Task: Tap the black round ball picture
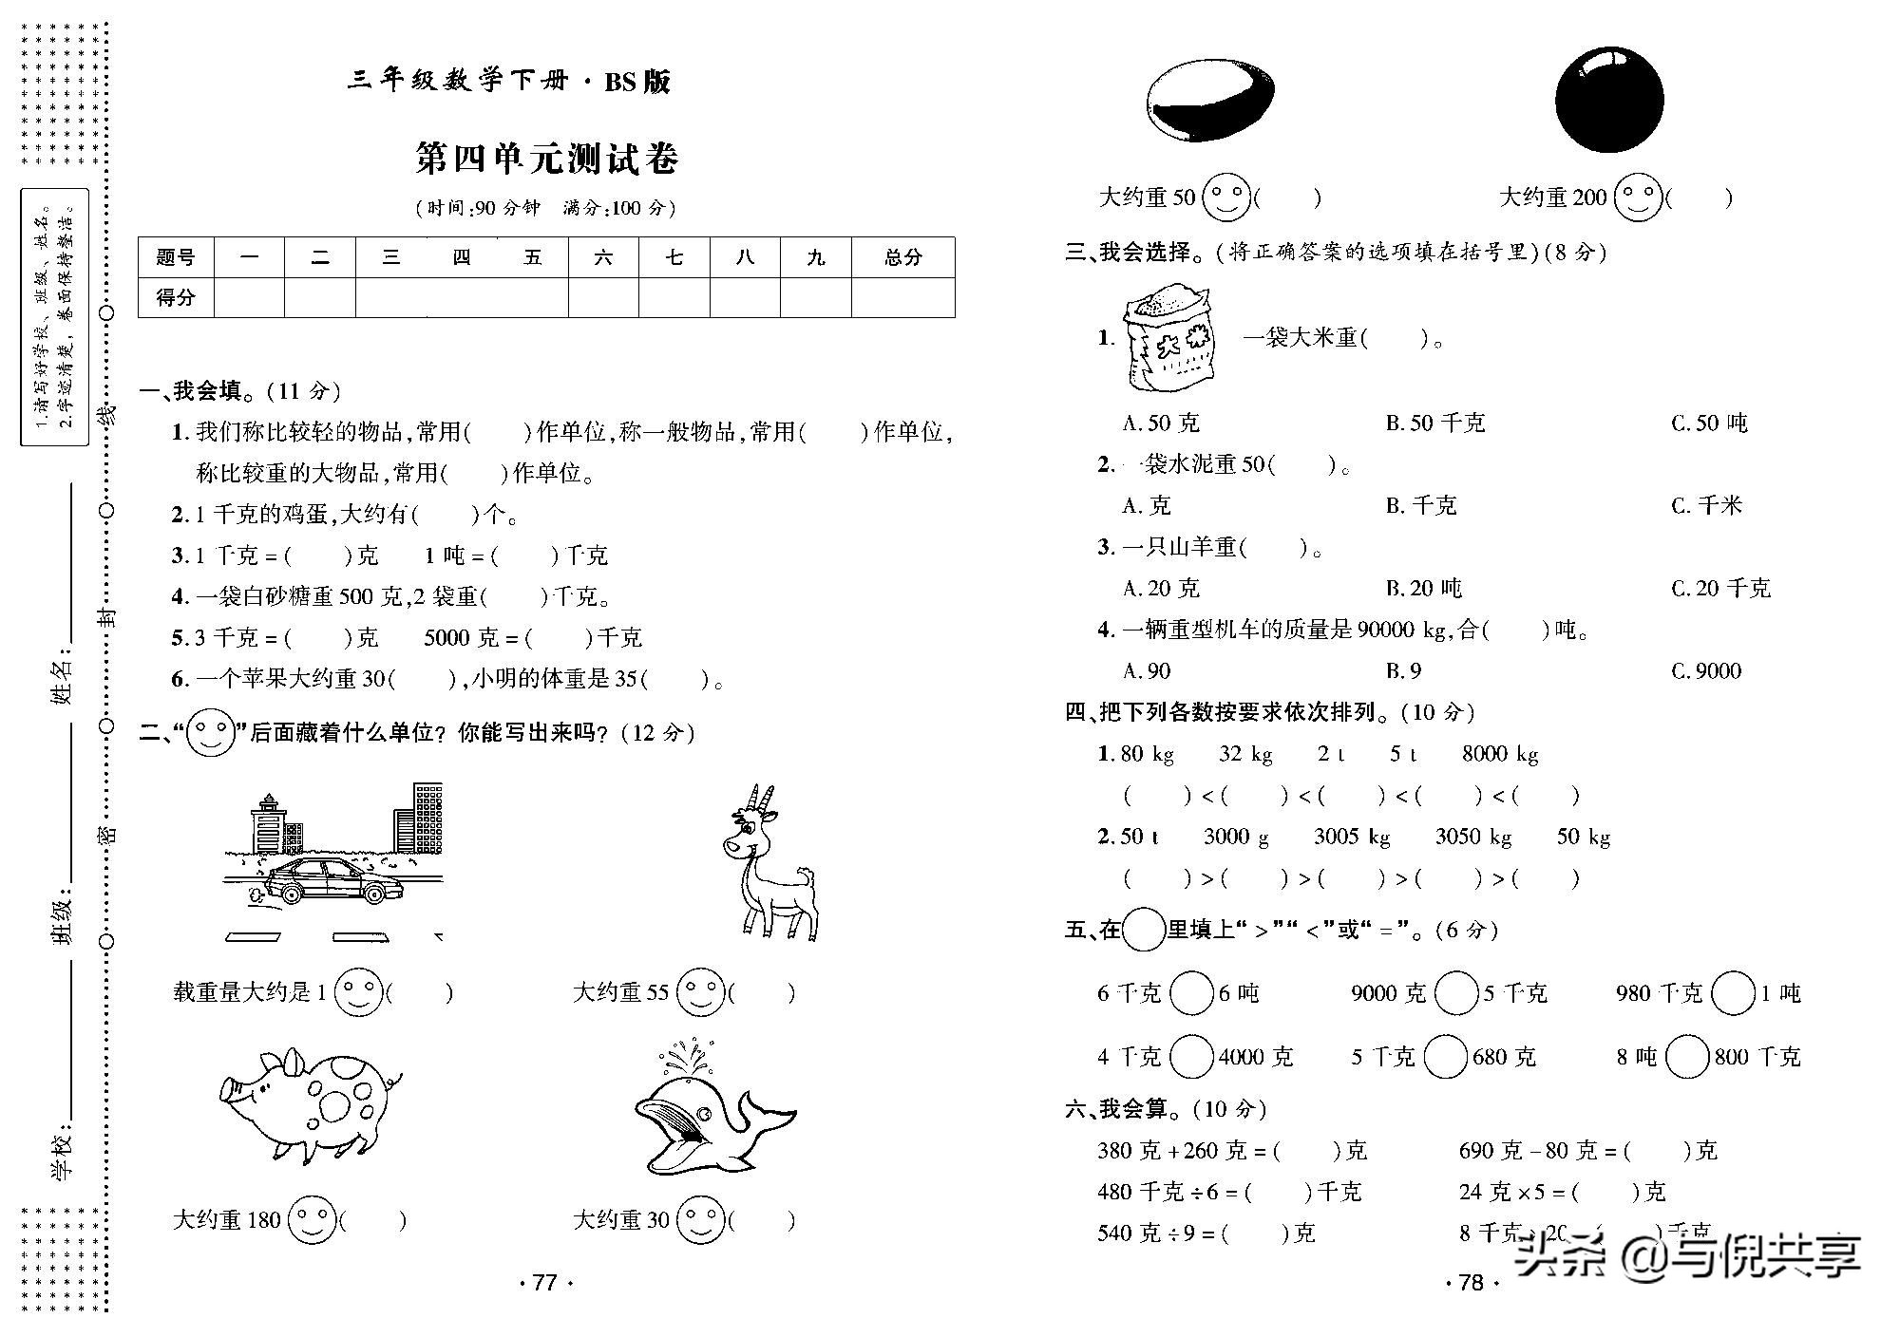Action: coord(1609,99)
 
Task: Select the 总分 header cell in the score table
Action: coord(902,257)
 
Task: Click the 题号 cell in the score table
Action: coord(176,257)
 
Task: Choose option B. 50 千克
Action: coord(1434,424)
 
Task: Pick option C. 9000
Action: coord(1706,671)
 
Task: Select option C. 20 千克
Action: coord(1720,589)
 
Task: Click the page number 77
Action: coord(544,1283)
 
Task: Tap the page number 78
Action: coord(1470,1283)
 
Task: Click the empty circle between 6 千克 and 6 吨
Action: coord(1191,993)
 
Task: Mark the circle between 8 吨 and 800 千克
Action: coord(1687,1057)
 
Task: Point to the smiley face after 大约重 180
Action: coord(312,1220)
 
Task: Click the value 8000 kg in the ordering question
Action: coord(1500,754)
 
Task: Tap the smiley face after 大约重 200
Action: coord(1638,198)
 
